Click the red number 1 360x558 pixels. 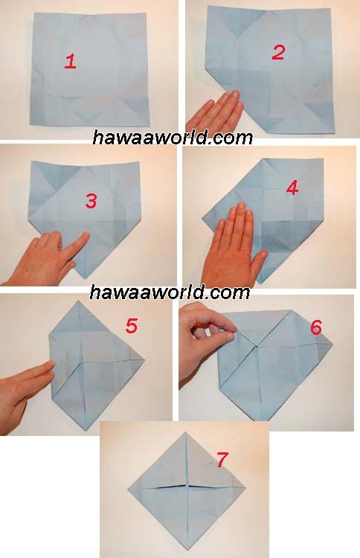[70, 61]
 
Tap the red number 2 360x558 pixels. [278, 52]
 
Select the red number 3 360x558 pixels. [91, 201]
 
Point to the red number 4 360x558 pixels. [292, 188]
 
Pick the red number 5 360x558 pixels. [131, 326]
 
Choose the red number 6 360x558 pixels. [316, 327]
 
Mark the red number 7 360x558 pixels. [221, 460]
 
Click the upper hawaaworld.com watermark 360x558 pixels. [173, 138]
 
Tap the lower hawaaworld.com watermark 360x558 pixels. [170, 292]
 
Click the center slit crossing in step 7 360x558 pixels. [187, 485]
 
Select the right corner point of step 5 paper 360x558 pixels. [144, 360]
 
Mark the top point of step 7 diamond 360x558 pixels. [185, 432]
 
